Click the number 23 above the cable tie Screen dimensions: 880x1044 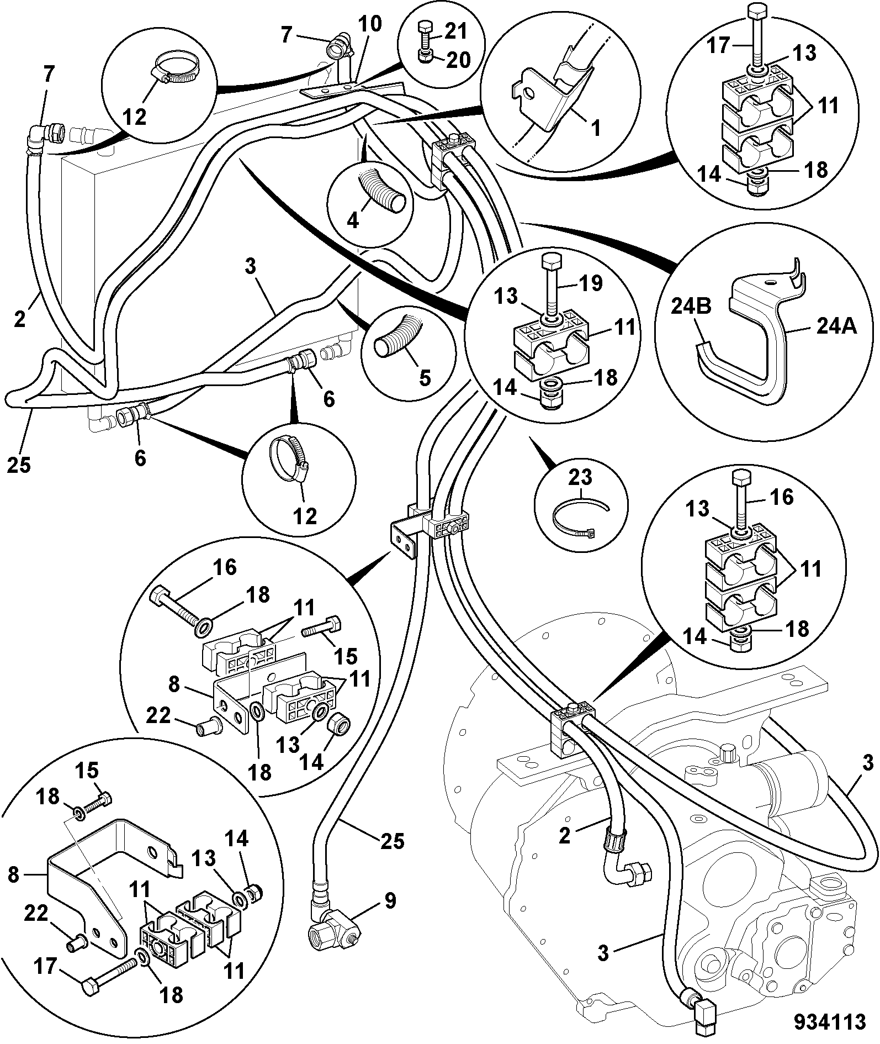coord(581,477)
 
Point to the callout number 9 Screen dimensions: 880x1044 coord(390,901)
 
